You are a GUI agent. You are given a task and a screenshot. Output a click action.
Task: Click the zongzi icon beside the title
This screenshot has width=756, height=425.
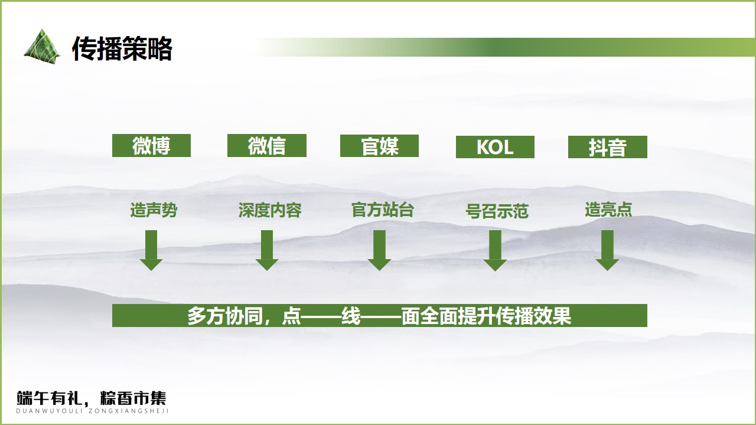click(42, 47)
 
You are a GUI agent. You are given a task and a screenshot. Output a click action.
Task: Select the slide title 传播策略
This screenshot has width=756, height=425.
click(122, 48)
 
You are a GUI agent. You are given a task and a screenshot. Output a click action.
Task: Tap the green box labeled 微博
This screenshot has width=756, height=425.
click(151, 145)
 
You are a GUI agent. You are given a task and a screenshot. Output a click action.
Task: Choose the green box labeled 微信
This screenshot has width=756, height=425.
click(266, 145)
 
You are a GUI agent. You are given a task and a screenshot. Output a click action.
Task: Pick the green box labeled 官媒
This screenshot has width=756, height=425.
click(379, 146)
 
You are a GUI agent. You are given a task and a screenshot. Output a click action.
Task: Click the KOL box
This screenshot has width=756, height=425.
click(495, 147)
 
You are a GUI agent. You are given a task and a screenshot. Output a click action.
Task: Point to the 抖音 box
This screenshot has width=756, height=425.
click(608, 147)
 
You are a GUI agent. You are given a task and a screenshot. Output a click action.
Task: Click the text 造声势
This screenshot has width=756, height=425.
click(154, 210)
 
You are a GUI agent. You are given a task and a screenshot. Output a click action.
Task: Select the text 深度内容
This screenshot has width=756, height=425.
click(270, 210)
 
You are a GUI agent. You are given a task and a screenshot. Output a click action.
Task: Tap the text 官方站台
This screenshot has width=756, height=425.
click(382, 210)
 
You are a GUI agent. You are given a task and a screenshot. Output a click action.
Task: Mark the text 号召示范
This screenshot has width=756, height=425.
click(497, 211)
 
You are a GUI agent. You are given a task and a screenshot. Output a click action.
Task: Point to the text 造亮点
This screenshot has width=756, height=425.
click(608, 210)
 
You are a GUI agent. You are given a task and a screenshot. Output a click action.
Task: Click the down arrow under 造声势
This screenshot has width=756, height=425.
click(151, 250)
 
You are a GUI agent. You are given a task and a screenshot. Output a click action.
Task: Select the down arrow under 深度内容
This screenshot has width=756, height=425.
click(266, 250)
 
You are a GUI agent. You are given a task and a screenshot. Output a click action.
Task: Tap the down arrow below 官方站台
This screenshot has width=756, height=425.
click(379, 250)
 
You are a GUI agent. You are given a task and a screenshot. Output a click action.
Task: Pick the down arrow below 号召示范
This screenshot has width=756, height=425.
click(495, 251)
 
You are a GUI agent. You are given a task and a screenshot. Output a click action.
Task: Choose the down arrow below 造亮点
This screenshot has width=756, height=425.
click(607, 250)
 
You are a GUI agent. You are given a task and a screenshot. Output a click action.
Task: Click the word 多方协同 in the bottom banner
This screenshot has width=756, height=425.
click(225, 316)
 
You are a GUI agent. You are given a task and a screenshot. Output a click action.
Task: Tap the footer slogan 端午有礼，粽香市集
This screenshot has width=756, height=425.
click(92, 398)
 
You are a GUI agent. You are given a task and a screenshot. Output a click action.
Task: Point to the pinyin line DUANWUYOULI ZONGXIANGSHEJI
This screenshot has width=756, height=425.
click(92, 411)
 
